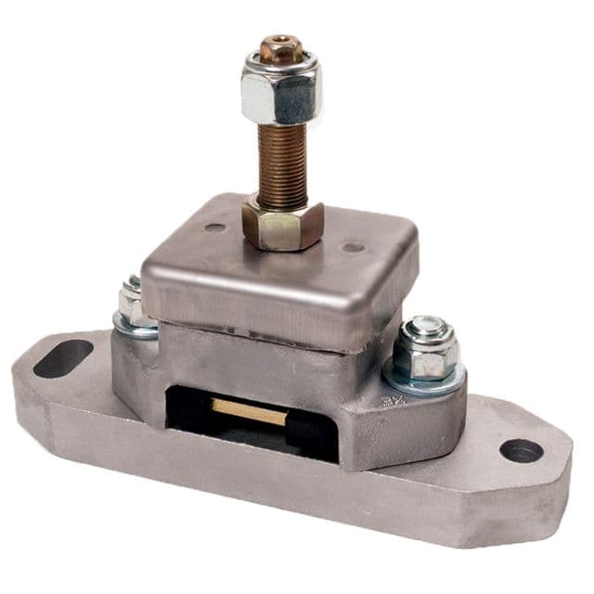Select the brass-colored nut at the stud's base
pos(282,223)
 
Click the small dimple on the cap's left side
pos(214,226)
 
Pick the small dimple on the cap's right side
pos(352,248)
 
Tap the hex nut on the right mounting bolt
pos(425,352)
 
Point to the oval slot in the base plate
pos(63,357)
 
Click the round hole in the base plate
pos(521,450)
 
